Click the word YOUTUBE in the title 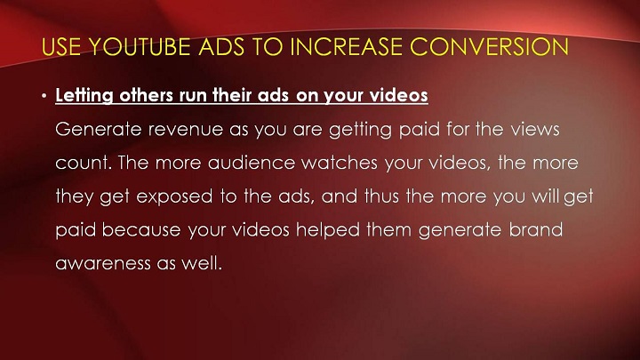point(140,46)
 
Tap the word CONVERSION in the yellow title point(489,46)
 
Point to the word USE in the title point(61,46)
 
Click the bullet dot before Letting point(44,96)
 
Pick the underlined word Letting point(84,95)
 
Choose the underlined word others point(146,95)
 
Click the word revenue point(185,130)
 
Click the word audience point(252,163)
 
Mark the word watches point(340,163)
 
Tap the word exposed point(174,197)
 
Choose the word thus point(381,196)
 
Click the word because point(141,230)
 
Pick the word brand point(535,230)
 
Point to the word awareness point(103,263)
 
